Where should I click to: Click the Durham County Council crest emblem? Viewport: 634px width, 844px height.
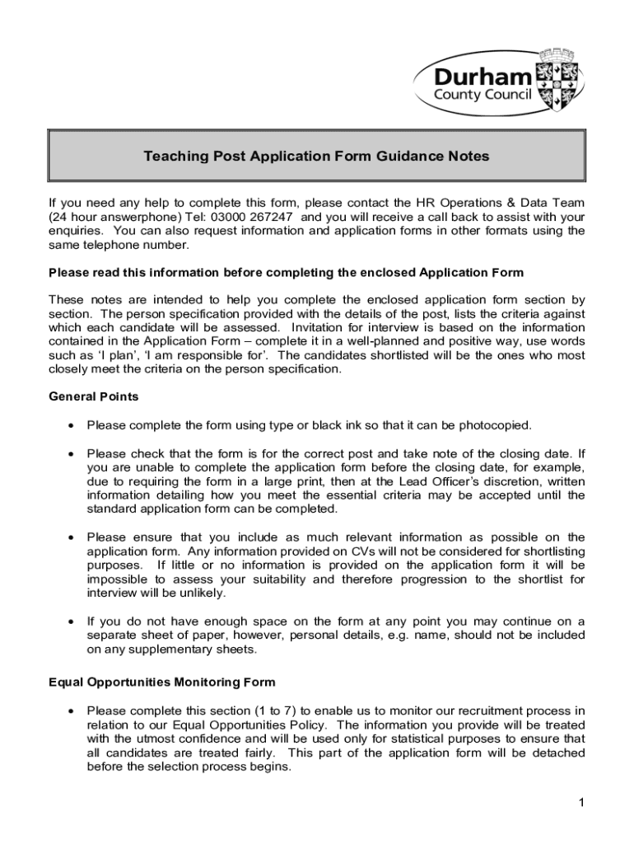click(x=556, y=81)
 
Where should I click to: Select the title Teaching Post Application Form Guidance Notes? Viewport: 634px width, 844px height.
click(x=317, y=156)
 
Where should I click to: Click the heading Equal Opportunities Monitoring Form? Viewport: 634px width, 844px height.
click(x=162, y=682)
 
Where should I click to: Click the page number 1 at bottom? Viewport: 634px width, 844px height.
click(x=580, y=804)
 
